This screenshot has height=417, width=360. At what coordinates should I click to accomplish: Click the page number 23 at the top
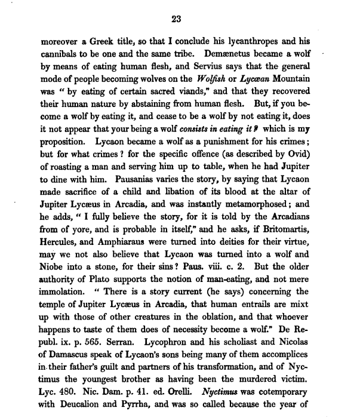tap(176, 19)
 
